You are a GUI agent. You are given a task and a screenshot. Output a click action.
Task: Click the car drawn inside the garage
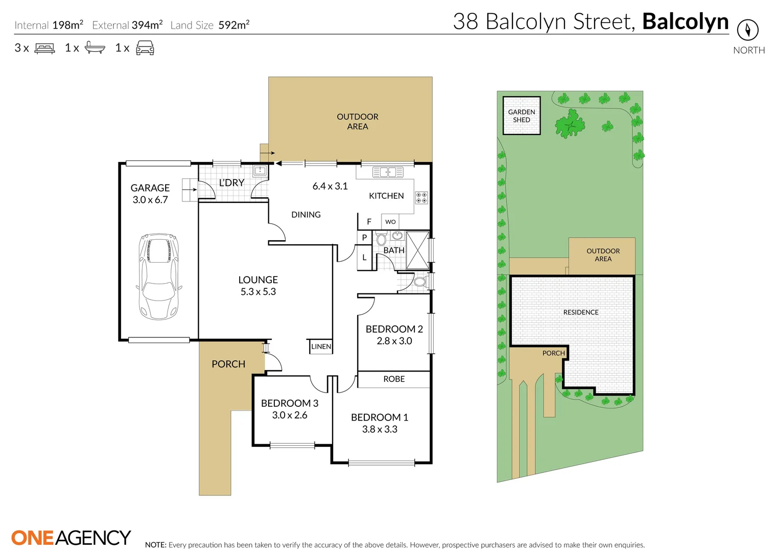159,276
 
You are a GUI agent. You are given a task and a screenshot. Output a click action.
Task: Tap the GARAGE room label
150,188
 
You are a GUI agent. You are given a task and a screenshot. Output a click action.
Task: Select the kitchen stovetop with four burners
421,198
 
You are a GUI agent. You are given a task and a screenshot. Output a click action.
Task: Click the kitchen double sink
388,172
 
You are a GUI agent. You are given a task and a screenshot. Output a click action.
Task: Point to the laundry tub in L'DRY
260,170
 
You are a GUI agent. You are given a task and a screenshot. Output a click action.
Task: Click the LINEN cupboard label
321,347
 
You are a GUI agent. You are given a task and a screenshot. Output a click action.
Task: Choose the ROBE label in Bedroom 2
394,379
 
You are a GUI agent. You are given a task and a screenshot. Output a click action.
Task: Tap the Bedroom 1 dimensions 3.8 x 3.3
380,429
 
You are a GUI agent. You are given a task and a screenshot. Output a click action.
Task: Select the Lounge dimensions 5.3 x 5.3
258,291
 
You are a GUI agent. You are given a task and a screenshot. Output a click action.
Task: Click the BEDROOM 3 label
290,403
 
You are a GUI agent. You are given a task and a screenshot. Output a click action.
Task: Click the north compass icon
747,30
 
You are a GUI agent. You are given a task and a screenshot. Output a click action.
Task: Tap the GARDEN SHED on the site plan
522,116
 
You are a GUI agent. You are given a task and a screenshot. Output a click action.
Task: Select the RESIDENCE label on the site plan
580,312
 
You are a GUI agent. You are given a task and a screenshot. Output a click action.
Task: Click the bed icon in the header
44,48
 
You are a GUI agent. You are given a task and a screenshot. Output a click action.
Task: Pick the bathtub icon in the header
95,48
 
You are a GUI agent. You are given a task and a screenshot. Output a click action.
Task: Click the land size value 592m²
234,25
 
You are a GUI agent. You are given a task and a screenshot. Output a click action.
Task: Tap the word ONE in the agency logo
33,538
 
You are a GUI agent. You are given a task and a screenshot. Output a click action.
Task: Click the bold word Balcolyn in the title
686,21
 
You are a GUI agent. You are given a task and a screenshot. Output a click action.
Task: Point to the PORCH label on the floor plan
228,364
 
